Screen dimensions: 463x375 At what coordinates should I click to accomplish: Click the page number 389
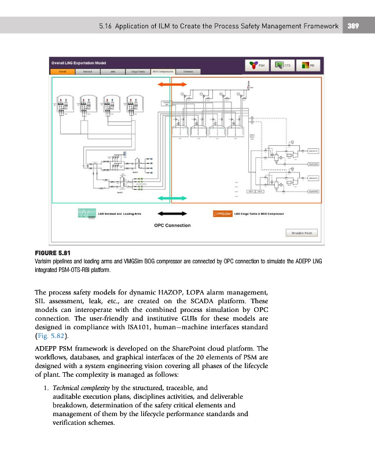click(354, 25)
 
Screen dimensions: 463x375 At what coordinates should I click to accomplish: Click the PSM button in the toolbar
click(256, 65)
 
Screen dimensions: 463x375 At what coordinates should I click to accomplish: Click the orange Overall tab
click(62, 72)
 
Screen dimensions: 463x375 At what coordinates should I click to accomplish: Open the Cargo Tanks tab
click(137, 72)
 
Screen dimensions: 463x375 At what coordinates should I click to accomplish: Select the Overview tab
click(188, 72)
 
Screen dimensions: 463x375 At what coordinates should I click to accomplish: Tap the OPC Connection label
click(172, 225)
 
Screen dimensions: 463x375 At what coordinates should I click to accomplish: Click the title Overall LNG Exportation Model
click(78, 62)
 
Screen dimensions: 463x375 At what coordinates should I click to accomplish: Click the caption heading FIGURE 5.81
click(53, 253)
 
